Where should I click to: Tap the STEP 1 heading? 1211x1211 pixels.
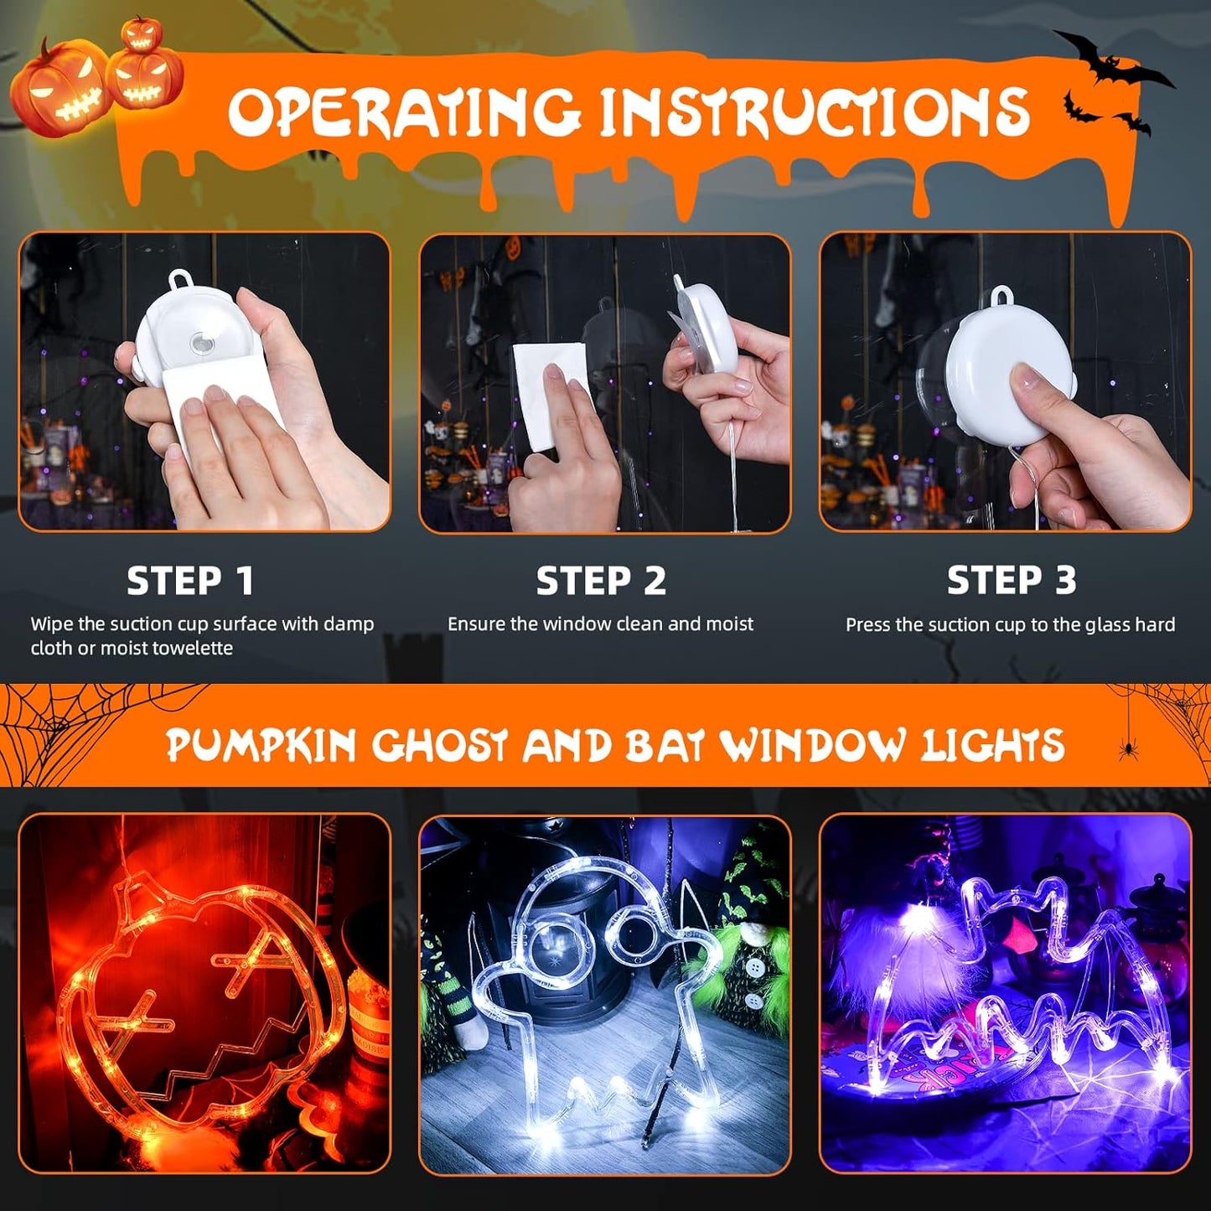click(189, 581)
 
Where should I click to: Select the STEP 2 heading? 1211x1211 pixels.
click(601, 581)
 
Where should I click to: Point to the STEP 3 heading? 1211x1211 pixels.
click(1011, 580)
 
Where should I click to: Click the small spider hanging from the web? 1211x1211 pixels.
click(1128, 748)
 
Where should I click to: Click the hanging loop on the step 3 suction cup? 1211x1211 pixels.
click(1001, 298)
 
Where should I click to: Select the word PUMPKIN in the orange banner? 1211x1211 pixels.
click(261, 745)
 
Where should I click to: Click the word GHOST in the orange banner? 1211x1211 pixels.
click(440, 745)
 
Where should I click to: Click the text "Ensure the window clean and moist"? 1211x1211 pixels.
click(600, 624)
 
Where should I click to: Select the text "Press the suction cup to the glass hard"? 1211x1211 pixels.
click(1010, 625)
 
